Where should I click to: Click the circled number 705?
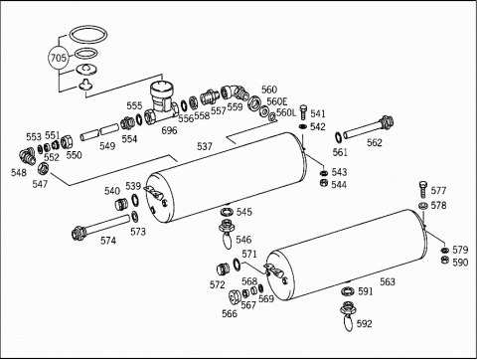[58, 58]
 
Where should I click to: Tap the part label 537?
[205, 146]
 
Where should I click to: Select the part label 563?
[388, 281]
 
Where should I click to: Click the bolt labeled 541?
[303, 112]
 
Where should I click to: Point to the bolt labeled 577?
[423, 190]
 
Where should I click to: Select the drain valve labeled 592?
[348, 316]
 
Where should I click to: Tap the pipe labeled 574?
[100, 226]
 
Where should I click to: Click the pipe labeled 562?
[369, 128]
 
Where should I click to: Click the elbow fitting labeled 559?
[235, 92]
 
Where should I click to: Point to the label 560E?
[277, 101]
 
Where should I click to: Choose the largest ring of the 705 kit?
[88, 35]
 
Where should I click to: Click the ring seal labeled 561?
[338, 136]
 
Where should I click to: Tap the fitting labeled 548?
[27, 156]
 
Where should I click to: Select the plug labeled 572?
[224, 269]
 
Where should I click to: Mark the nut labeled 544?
[324, 183]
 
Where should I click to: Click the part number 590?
[460, 263]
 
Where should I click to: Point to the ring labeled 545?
[227, 211]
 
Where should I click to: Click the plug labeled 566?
[235, 296]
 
